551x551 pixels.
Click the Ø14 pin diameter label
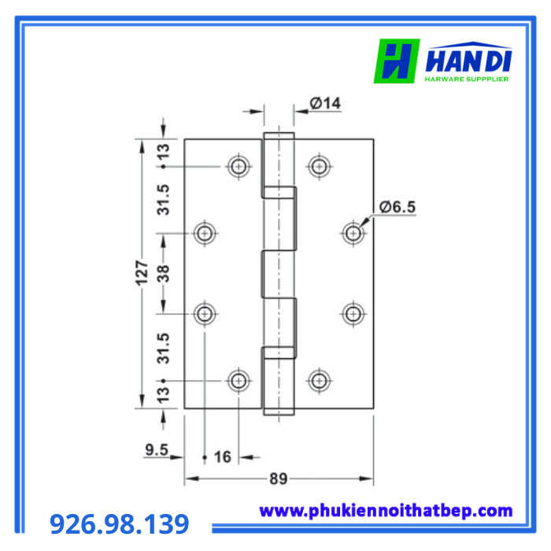[325, 103]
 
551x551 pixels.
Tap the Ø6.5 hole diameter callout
[398, 206]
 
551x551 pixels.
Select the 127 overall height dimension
[142, 273]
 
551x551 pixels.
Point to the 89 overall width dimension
[279, 479]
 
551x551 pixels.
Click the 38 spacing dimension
[164, 274]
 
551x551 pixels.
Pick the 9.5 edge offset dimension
[157, 449]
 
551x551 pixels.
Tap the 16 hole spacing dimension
[223, 457]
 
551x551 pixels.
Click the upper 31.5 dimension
[164, 200]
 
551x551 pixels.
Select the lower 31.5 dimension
[164, 348]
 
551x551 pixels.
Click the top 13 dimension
[164, 151]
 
